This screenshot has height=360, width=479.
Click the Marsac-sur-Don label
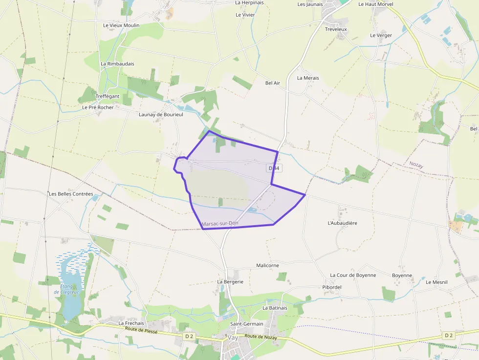(x=220, y=224)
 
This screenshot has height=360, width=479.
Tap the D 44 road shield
(x=274, y=168)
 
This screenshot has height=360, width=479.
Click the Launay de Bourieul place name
(x=161, y=114)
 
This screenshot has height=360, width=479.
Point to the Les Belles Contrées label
(x=71, y=194)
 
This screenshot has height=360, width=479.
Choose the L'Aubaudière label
(x=342, y=223)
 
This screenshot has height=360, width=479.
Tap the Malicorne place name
(x=267, y=265)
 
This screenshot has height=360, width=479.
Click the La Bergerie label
(x=230, y=282)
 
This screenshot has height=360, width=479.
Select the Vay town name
(x=233, y=338)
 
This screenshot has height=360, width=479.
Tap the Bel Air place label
(x=272, y=83)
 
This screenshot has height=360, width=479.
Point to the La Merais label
(x=308, y=78)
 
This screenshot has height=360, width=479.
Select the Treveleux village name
(x=336, y=29)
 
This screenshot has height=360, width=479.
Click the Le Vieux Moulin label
(x=121, y=25)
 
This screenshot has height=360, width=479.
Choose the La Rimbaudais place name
(x=117, y=64)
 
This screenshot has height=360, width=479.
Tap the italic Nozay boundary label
(x=416, y=166)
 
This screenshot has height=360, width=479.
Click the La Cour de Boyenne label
(x=353, y=275)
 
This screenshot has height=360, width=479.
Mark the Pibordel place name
(x=332, y=287)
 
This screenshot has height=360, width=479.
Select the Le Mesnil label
(x=436, y=282)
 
